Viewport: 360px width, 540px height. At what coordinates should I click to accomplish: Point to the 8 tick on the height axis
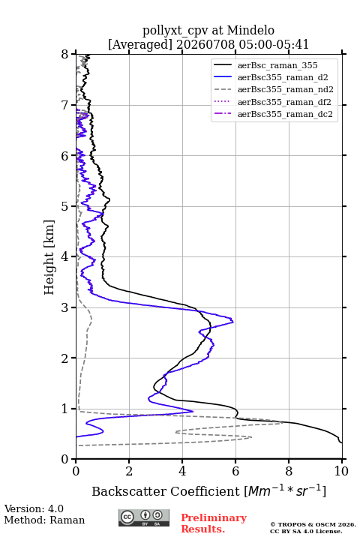coord(64,55)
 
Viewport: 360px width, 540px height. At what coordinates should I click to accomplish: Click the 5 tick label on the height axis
coord(64,206)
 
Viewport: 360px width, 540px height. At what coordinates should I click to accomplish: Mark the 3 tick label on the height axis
coord(64,307)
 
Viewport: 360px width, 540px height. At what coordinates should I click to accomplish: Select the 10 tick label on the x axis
coord(341,471)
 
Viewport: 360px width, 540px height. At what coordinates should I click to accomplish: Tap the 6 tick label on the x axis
coord(235,471)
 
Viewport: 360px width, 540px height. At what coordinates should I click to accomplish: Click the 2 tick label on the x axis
coord(129,471)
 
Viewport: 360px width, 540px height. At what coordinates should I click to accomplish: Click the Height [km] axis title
coord(49,257)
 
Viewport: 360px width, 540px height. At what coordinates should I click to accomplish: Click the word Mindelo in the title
coord(250,30)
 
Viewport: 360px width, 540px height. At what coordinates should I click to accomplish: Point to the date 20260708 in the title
coord(206,44)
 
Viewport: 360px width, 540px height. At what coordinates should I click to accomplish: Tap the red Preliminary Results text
coord(214,523)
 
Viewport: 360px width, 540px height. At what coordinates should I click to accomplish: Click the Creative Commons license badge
coord(144,518)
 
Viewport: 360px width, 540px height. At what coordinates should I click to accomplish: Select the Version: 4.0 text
coord(34,508)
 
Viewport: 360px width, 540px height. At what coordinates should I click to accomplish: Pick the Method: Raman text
coord(44,520)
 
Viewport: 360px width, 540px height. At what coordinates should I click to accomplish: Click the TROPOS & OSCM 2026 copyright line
coord(313,524)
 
